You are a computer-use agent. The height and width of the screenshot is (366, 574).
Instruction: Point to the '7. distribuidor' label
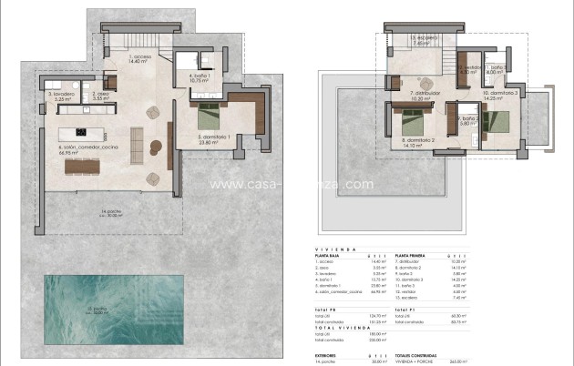click(425, 95)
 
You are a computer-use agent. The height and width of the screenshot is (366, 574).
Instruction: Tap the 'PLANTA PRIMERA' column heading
click(415, 257)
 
